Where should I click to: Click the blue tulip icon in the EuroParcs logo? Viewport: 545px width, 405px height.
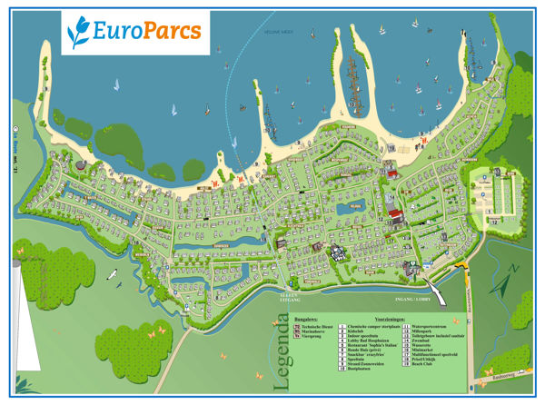[x=83, y=33]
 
